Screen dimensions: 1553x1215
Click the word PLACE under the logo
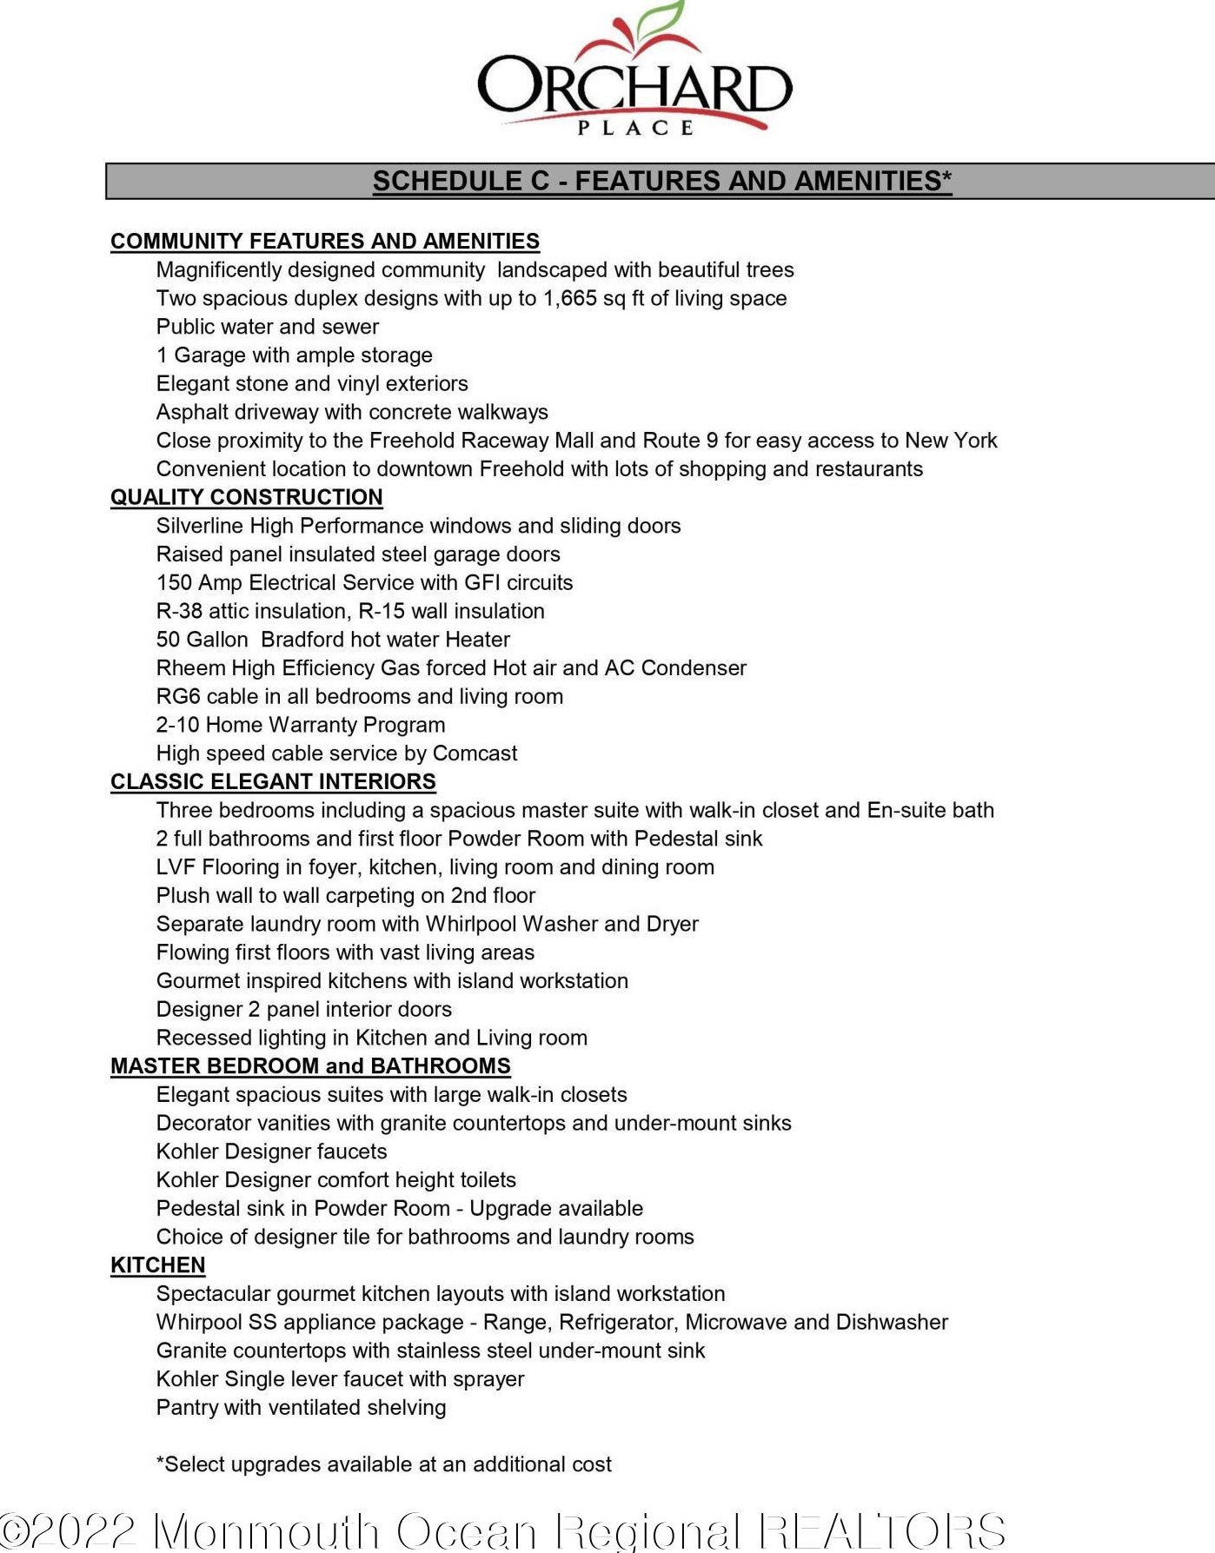[635, 128]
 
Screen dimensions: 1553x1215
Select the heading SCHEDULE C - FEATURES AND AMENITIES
[661, 181]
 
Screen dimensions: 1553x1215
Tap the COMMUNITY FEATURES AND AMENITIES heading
[325, 241]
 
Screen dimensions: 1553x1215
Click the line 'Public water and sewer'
[268, 327]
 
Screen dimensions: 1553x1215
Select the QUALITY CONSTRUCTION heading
[247, 497]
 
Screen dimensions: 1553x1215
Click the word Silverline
[200, 526]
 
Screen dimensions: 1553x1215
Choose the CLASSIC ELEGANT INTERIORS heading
[273, 781]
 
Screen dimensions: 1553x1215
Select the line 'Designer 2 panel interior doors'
[304, 1009]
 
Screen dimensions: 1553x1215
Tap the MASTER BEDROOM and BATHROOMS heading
[310, 1065]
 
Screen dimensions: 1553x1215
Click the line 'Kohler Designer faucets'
[271, 1151]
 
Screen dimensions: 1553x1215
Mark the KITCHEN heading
[158, 1265]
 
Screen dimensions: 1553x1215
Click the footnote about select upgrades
[384, 1464]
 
